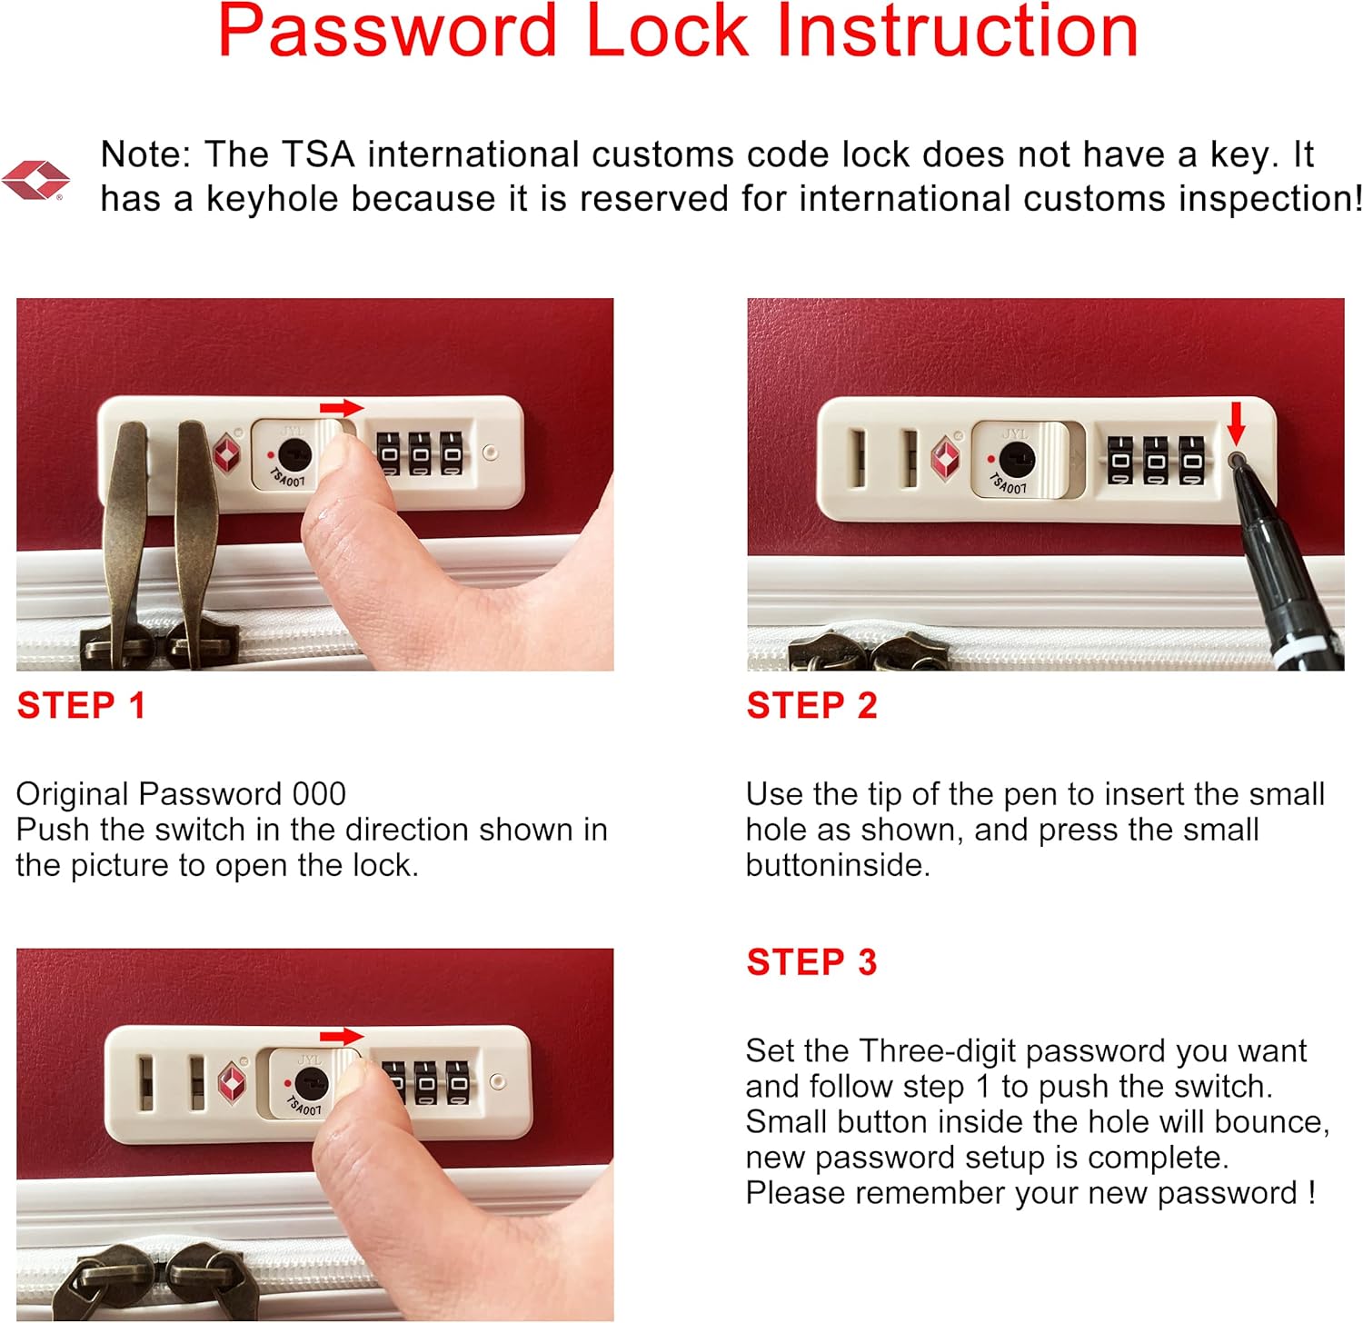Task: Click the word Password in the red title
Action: (x=387, y=32)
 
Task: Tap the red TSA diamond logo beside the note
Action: (x=35, y=180)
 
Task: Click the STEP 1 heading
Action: (x=82, y=706)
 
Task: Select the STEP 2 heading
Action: (x=811, y=706)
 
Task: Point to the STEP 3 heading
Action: (x=811, y=962)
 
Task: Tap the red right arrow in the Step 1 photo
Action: (x=342, y=408)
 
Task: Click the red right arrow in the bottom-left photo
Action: (x=342, y=1037)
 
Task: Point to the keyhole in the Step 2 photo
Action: (x=1017, y=460)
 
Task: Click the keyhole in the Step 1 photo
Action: (x=294, y=453)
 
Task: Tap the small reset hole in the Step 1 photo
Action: (x=491, y=452)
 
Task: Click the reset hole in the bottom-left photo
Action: (x=497, y=1081)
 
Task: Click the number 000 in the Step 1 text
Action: (x=319, y=794)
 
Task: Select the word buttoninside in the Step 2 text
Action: (x=837, y=865)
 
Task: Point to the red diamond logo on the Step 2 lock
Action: (x=946, y=458)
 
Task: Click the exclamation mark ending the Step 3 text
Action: (x=1311, y=1192)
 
